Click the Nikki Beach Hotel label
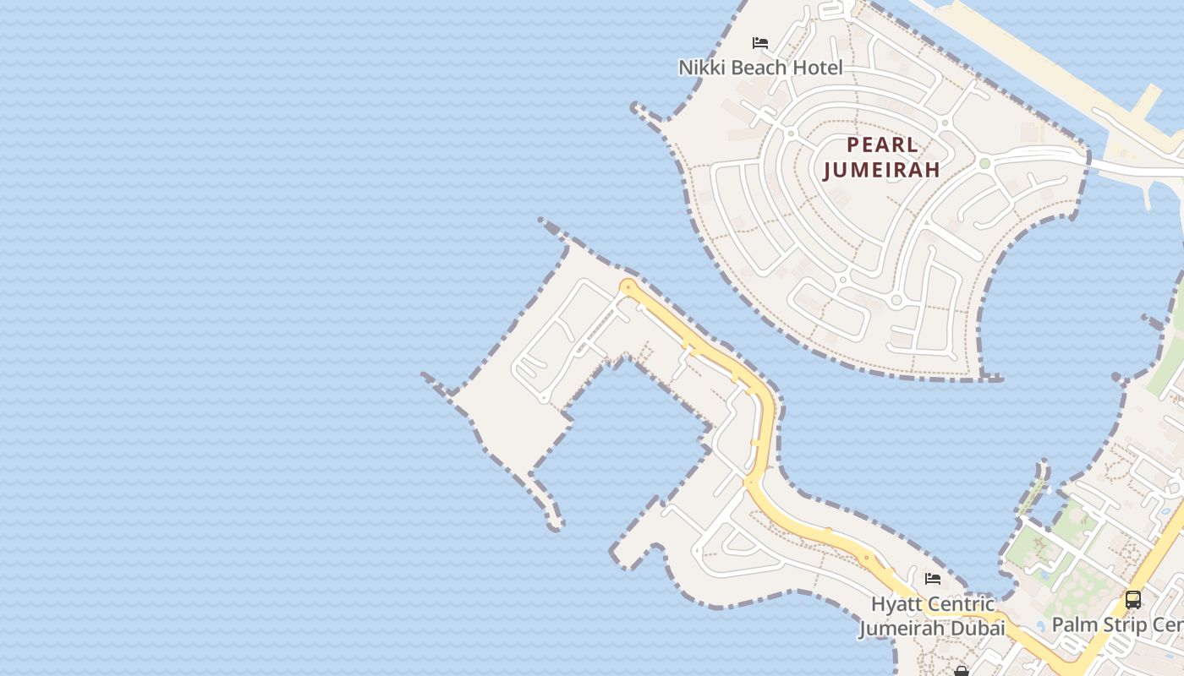760,68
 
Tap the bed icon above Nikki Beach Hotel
760,43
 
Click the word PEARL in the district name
882,144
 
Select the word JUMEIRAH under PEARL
882,169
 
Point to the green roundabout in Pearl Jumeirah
984,163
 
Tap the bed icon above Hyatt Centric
933,579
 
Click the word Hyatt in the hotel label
898,605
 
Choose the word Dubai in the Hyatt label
978,629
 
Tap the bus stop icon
1132,600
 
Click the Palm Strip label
1116,625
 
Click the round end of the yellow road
627,287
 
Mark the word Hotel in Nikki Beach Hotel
817,68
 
